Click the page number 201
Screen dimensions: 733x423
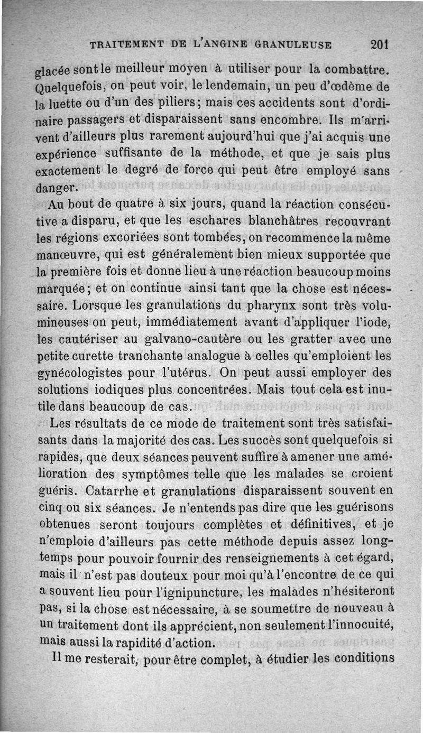[x=380, y=44]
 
